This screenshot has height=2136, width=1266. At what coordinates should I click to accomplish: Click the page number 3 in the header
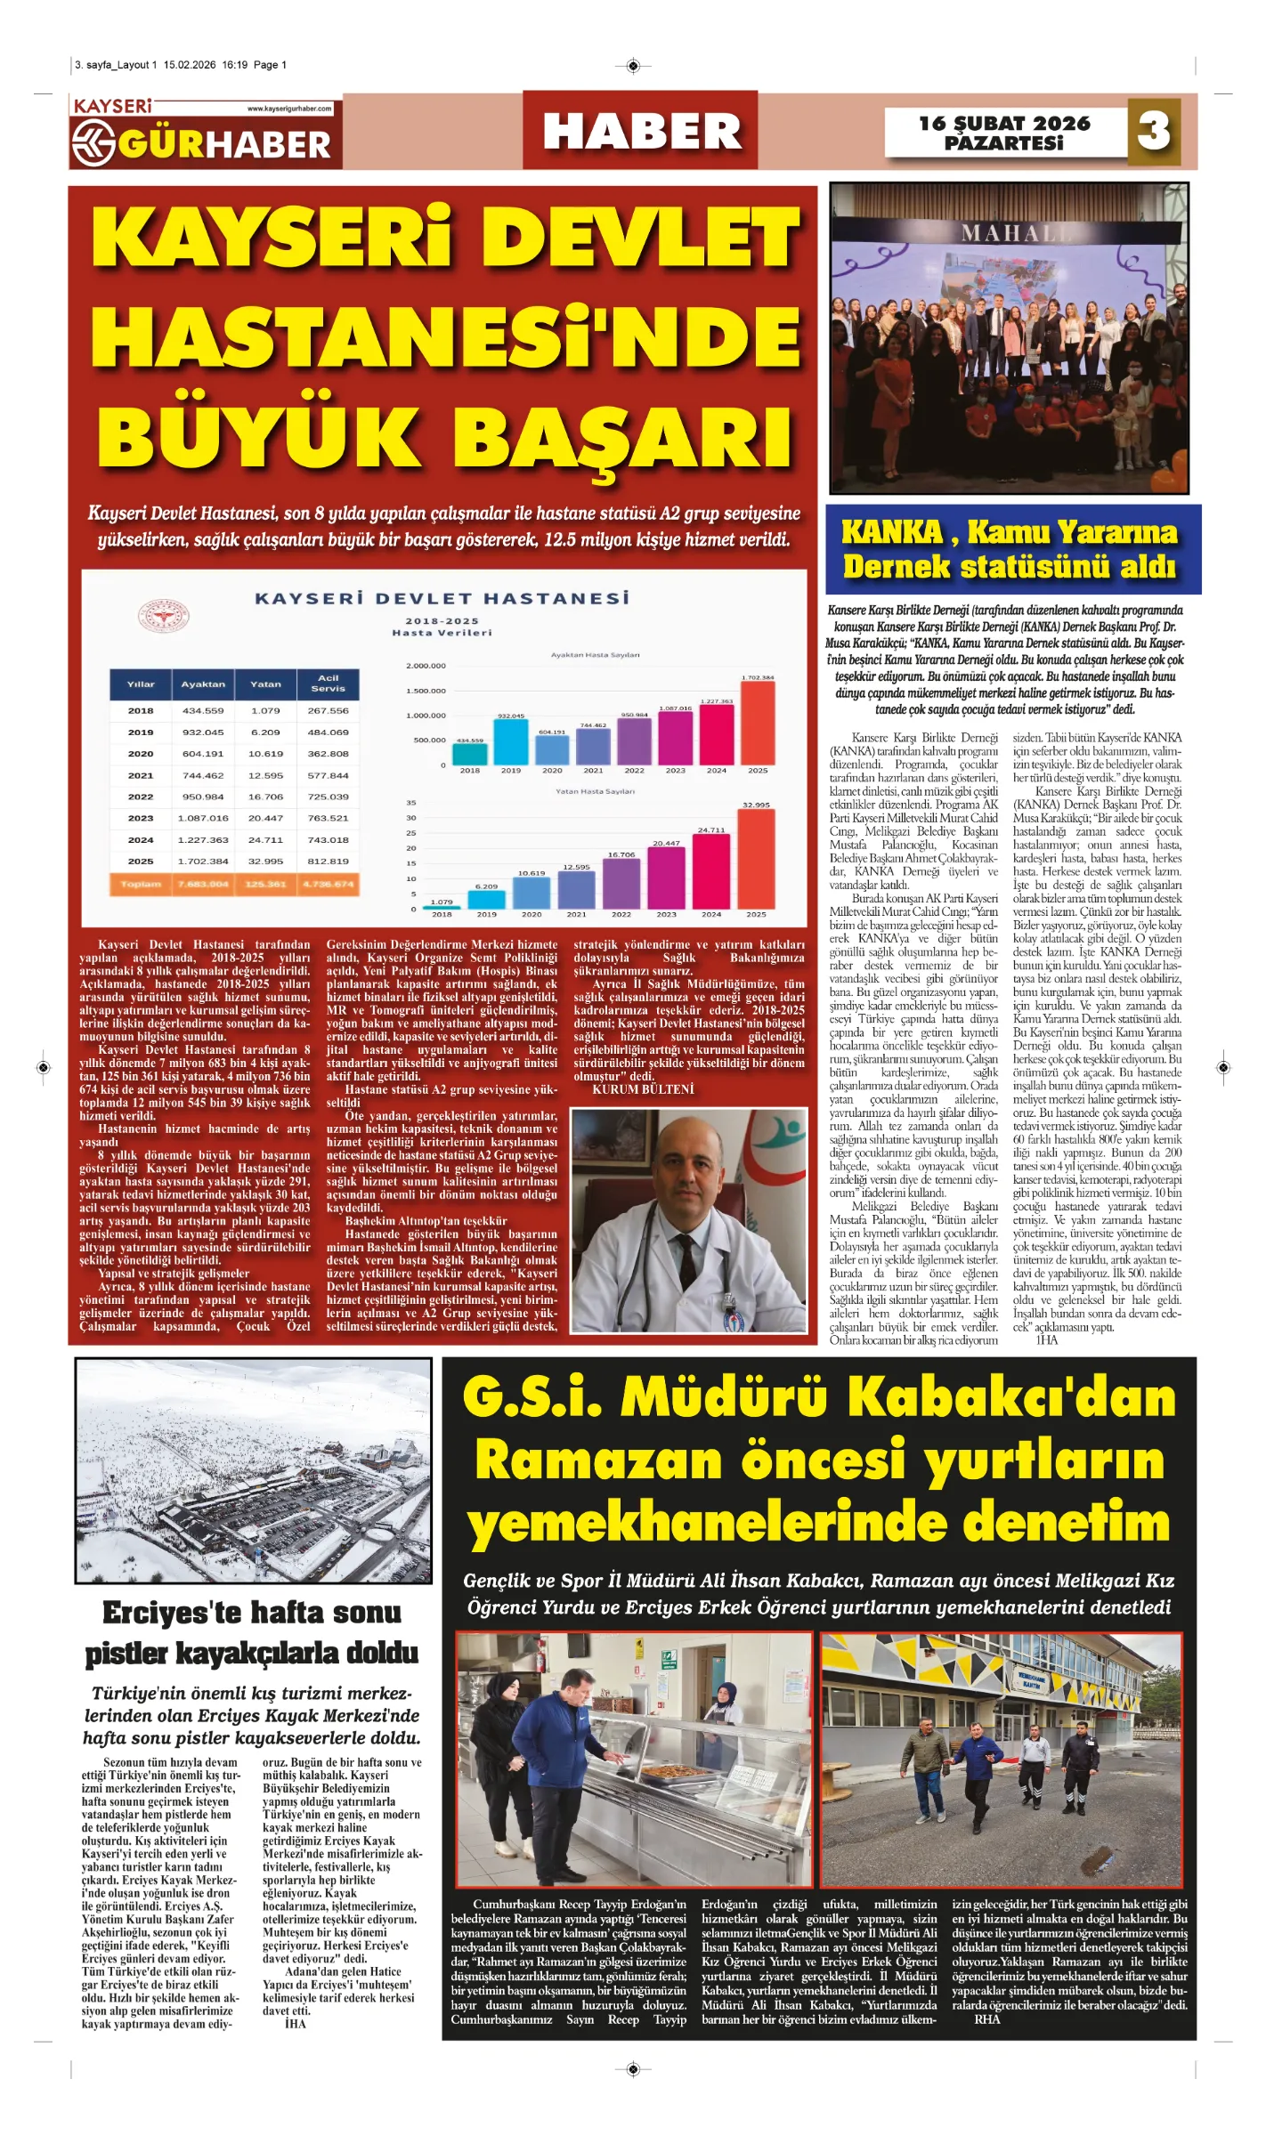tap(1154, 131)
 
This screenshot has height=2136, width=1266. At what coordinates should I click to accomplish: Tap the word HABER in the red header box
tap(641, 132)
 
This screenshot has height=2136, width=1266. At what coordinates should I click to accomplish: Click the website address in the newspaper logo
tap(288, 109)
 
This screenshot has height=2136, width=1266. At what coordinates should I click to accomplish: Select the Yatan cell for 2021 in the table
tap(265, 775)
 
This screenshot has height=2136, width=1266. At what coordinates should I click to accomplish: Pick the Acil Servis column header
tap(328, 684)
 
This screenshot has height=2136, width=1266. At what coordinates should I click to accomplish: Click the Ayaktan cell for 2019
tap(203, 732)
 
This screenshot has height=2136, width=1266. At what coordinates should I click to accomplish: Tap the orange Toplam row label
tap(141, 884)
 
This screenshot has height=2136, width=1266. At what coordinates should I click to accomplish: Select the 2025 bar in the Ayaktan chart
tap(757, 722)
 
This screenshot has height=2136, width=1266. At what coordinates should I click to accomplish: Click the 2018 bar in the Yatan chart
tap(442, 907)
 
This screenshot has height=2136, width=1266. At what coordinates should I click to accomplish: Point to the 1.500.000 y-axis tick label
tap(426, 691)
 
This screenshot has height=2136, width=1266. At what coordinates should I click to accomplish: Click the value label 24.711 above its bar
tap(710, 829)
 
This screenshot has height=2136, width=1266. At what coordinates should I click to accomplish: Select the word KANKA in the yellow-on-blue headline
tap(891, 532)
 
